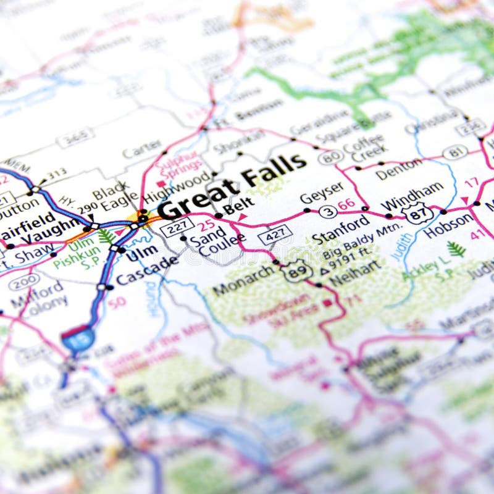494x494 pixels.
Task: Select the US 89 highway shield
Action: (296, 272)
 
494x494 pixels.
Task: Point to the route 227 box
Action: (177, 227)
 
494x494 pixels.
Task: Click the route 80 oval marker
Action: (330, 157)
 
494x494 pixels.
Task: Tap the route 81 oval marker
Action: (455, 152)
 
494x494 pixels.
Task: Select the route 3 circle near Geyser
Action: (329, 212)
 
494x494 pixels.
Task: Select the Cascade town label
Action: (147, 270)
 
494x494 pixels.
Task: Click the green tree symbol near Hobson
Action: (456, 249)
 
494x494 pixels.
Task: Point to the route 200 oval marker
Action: (23, 282)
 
